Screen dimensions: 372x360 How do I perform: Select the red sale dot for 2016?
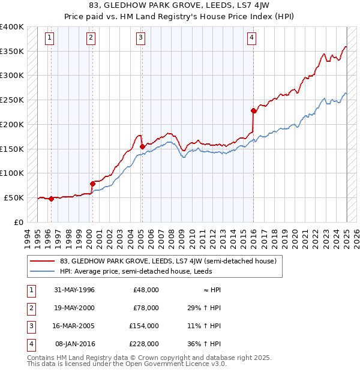coord(253,110)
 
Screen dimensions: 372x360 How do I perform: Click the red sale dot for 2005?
coord(142,146)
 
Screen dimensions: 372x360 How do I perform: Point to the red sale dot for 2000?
coord(92,184)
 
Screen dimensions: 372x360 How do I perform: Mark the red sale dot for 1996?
coord(52,199)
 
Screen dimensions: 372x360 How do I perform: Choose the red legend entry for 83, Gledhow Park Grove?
coord(168,261)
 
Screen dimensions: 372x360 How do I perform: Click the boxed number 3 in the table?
coord(30,326)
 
